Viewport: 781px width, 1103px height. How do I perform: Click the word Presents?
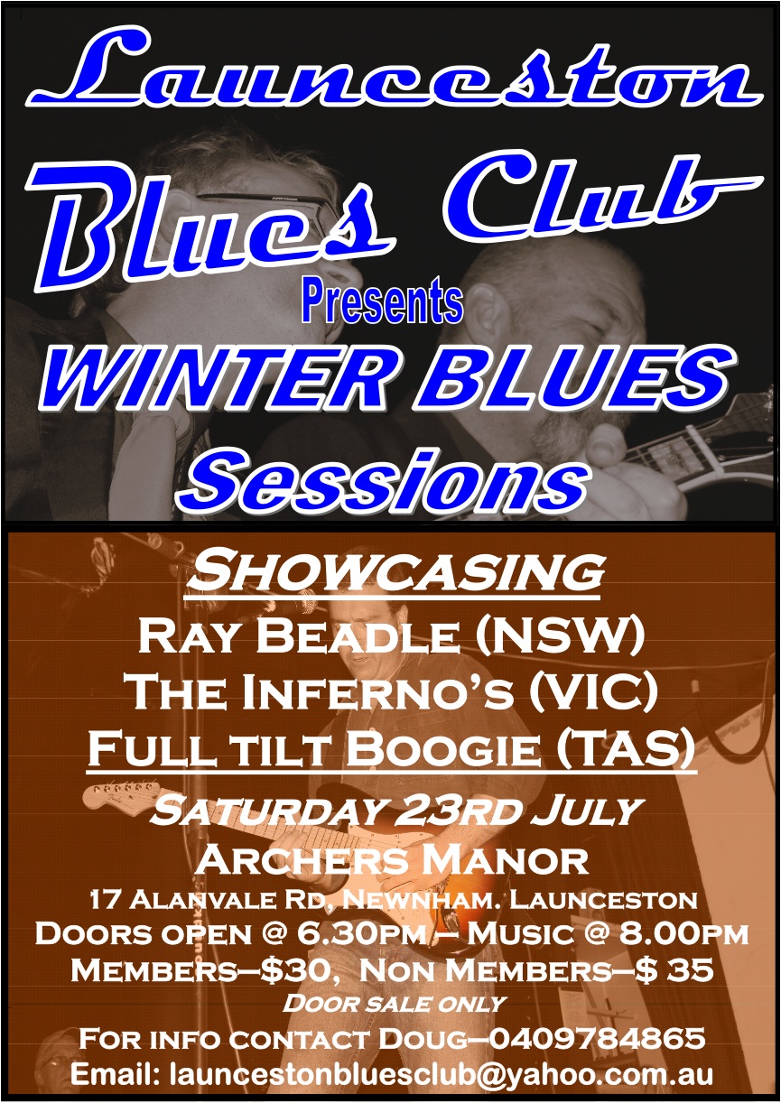tap(383, 302)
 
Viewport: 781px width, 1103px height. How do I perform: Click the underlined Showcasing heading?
tap(393, 573)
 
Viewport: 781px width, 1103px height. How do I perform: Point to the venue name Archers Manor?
tap(391, 859)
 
